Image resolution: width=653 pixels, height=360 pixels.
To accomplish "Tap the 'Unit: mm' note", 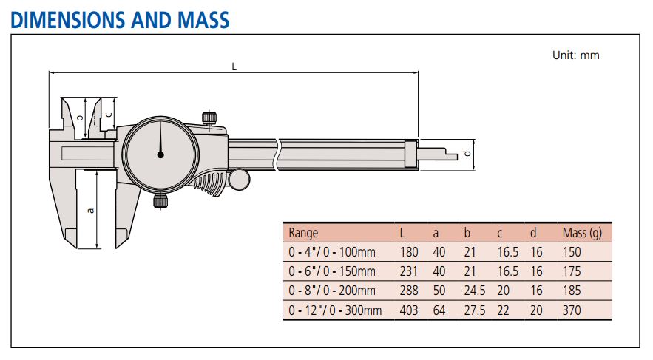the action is click(575, 55).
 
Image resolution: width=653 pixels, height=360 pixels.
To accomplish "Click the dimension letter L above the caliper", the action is click(234, 67).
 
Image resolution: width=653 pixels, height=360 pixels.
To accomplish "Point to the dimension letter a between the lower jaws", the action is click(90, 211).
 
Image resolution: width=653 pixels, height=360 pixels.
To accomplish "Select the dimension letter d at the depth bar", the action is click(467, 153).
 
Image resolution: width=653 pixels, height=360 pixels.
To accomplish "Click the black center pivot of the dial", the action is click(160, 154).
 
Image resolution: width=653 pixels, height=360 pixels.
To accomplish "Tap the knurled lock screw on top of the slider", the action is click(209, 118).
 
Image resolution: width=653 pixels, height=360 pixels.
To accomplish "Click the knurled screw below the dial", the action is click(160, 201).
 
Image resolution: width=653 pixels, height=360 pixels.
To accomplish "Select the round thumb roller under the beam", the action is click(239, 179).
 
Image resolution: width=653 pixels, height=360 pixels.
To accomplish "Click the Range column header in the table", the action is click(303, 233).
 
